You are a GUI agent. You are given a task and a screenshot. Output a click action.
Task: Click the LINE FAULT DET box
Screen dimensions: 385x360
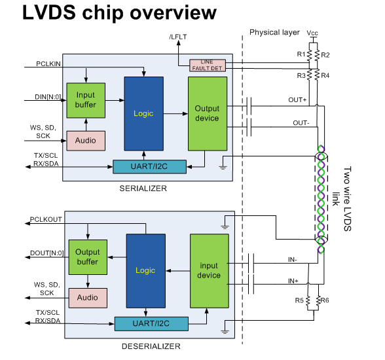(208, 65)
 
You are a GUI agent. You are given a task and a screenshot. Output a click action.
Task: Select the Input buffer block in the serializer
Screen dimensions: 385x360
(86, 100)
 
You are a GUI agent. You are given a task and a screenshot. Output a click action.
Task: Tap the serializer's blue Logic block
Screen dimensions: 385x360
(144, 114)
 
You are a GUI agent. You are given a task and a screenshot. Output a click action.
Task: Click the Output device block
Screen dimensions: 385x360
(208, 114)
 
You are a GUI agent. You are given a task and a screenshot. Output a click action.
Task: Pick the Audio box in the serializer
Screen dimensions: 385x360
(86, 141)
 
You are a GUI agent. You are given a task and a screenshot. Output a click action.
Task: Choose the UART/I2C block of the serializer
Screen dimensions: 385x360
(149, 167)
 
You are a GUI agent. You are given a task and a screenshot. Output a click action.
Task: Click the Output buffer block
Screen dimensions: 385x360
(88, 257)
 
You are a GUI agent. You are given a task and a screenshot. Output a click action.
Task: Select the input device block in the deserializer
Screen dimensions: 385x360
(210, 271)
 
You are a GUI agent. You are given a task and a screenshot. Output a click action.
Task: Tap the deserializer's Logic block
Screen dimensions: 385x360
(146, 271)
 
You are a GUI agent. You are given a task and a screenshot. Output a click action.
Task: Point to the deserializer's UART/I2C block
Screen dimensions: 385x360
(151, 324)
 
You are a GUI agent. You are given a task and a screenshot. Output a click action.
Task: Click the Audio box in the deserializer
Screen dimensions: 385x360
(88, 298)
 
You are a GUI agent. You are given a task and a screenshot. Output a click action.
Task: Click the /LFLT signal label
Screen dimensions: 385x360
(178, 37)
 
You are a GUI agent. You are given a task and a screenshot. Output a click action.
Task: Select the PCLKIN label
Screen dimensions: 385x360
(48, 63)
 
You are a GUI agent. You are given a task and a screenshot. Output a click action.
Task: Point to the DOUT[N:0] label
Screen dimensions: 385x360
(47, 253)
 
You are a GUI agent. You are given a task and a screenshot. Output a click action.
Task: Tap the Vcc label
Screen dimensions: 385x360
(312, 33)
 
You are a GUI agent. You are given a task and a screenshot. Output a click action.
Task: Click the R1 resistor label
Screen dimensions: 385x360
(301, 54)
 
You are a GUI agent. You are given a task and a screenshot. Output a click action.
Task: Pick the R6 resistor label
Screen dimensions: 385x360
(325, 300)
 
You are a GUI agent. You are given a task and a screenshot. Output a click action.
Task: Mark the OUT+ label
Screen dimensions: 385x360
(297, 100)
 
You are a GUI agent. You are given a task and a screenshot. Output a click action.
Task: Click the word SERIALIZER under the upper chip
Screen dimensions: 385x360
(143, 189)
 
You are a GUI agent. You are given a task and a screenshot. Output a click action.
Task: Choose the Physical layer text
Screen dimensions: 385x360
(274, 32)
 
